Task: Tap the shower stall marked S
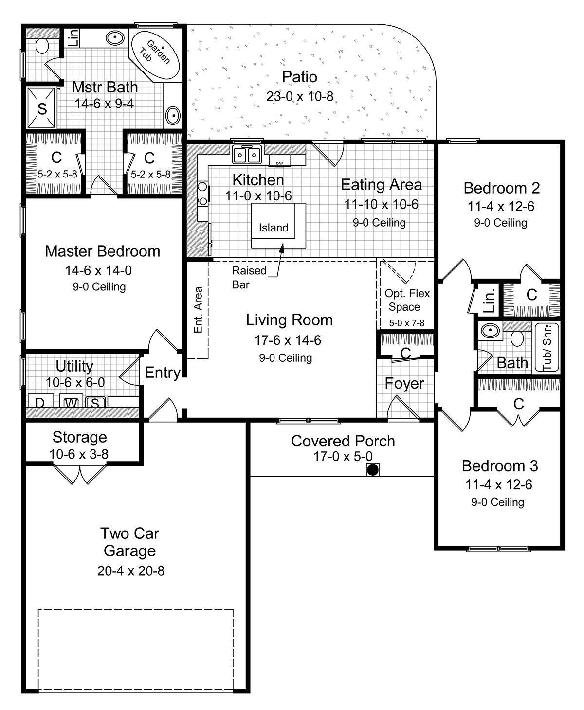[42, 108]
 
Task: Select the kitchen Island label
[274, 228]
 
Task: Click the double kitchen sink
[247, 155]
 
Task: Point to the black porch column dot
[373, 470]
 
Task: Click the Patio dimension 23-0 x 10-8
[300, 96]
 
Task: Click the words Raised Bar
[249, 277]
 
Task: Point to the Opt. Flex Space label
[404, 300]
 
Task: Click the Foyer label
[404, 384]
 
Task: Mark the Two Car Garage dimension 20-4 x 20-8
[130, 570]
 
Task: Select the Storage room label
[80, 437]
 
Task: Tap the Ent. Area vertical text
[198, 310]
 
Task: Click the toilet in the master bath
[42, 46]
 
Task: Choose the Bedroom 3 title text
[500, 466]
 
